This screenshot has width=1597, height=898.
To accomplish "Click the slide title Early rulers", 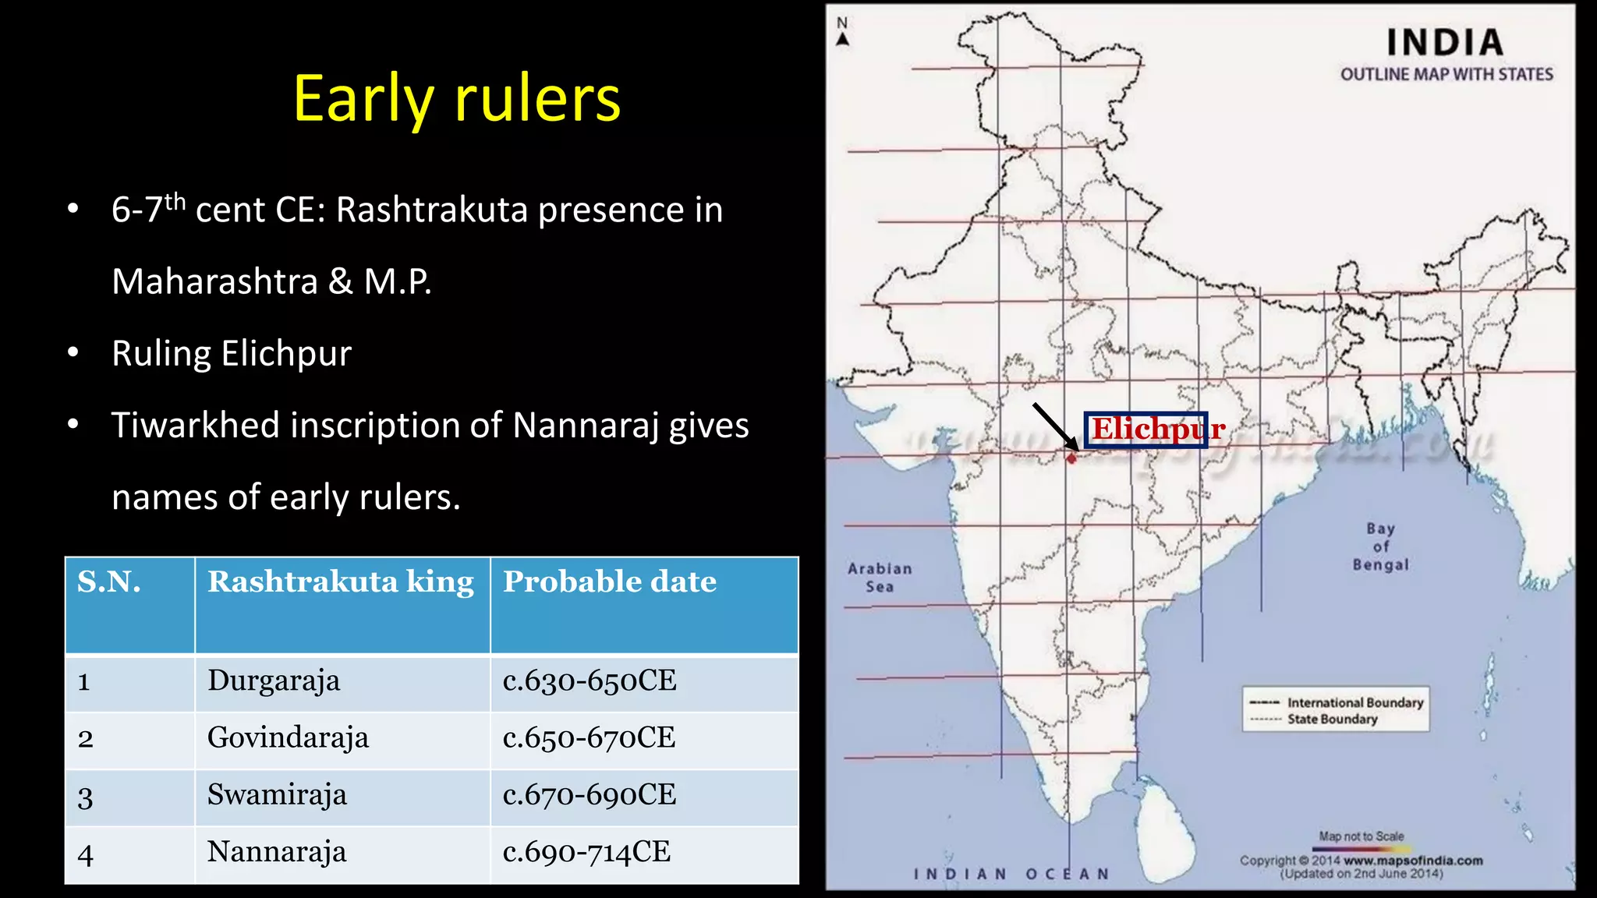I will pos(457,99).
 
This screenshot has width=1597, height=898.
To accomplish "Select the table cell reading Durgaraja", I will pos(274,681).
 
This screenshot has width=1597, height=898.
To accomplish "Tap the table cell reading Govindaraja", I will pos(288,737).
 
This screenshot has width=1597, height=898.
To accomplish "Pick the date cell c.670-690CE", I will pos(590,795).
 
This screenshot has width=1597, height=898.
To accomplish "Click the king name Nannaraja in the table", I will pos(277,852).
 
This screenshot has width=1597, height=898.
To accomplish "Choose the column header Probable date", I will pos(609,582).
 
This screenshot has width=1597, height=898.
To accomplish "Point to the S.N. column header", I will pos(109,582).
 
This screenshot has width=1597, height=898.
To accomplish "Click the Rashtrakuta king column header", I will pos(341,582).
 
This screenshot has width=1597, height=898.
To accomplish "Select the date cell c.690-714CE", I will pos(586,852).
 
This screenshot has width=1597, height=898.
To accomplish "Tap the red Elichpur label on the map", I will pos(1157,429).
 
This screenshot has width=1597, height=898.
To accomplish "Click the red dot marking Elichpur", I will pos(1071,458).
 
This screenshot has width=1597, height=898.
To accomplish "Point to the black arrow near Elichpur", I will pos(1055,426).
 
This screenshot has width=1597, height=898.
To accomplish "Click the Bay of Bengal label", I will pos(1380,546).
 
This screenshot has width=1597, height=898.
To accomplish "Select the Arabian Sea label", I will pos(880,578).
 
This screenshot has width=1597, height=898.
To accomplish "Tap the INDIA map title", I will pos(1445,43).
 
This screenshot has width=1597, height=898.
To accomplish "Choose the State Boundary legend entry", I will pos(1332,719).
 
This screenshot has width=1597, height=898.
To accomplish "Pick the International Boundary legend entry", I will pos(1354,702).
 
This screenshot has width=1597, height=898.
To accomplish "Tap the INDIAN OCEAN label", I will pos(1011,874).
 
